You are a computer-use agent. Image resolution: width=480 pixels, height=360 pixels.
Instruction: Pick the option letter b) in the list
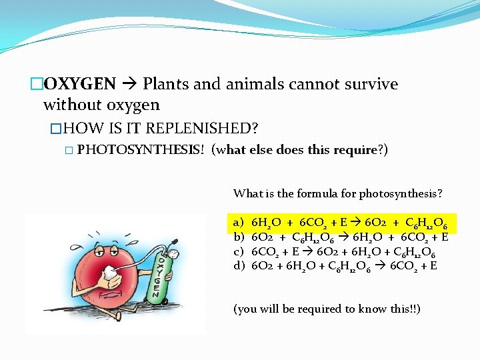[x=239, y=237]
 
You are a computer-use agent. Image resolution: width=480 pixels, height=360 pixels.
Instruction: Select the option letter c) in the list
[x=239, y=251]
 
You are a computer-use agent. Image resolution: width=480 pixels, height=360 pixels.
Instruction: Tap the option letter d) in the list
[x=239, y=266]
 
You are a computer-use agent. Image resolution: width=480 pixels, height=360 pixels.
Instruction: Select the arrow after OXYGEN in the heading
[x=129, y=85]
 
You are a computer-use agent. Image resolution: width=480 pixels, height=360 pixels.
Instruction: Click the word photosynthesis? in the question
[x=401, y=194]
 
